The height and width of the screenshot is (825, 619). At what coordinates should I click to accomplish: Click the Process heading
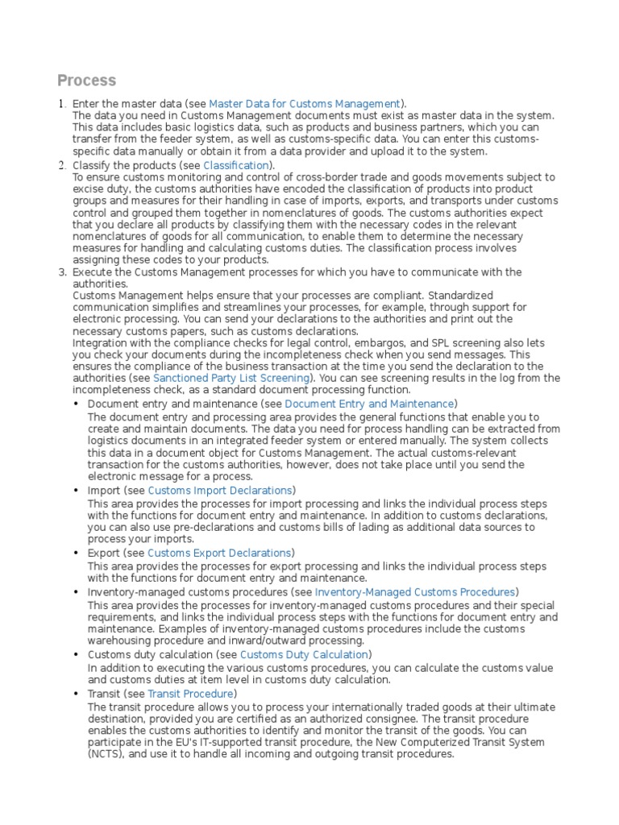86,81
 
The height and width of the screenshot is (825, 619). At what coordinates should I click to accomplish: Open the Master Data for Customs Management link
305,104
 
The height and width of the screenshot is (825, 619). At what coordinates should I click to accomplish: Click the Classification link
236,165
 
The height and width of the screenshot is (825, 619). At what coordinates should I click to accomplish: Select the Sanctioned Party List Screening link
232,378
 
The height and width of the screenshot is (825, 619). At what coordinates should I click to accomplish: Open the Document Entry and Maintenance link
369,403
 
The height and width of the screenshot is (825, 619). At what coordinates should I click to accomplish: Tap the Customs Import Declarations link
219,490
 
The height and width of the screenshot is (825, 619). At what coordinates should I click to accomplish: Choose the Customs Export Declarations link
219,553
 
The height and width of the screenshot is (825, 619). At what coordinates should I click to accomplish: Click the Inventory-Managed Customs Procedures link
414,591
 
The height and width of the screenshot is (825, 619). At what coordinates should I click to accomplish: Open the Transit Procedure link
190,693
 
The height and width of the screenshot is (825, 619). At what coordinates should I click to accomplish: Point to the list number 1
62,104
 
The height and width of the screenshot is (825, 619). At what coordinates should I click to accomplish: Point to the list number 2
62,165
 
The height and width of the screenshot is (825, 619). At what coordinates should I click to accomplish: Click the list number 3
62,272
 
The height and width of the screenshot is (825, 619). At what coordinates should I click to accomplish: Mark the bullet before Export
77,553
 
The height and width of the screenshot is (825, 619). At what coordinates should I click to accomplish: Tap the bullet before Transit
77,694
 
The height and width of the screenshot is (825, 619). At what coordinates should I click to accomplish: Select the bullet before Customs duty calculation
77,655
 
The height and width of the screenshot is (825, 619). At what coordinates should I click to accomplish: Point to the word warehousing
117,641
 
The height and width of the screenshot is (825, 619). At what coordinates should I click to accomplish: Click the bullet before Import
77,491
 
